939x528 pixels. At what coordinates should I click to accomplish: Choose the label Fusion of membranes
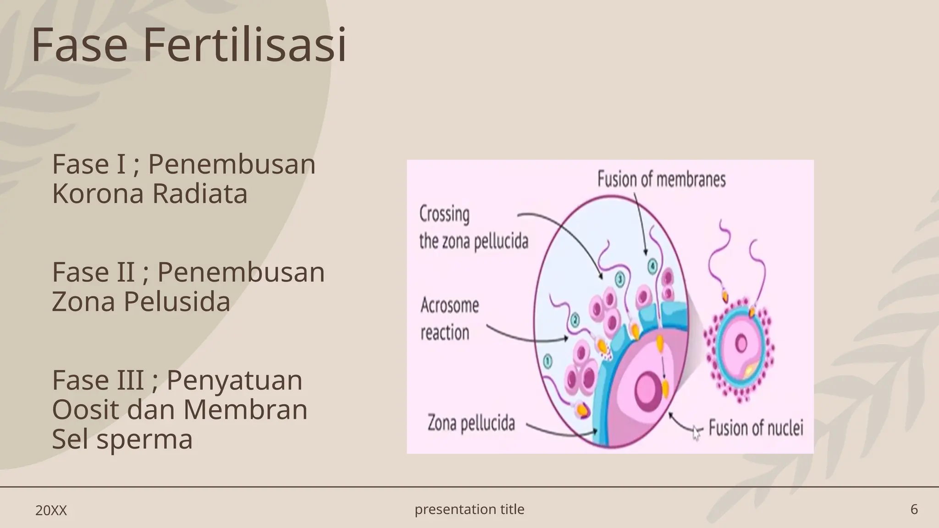(661, 180)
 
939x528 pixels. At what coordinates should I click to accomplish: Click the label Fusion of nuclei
(756, 428)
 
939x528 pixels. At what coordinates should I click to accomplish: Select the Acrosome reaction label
(449, 319)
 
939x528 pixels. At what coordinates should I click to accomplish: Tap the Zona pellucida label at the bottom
(471, 423)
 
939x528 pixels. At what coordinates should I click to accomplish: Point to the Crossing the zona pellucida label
(473, 228)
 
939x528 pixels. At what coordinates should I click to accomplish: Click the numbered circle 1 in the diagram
(547, 362)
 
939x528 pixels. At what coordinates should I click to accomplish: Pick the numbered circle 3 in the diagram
(619, 279)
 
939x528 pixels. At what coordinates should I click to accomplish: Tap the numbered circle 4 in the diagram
(652, 266)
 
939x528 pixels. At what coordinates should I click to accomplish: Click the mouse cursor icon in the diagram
(696, 432)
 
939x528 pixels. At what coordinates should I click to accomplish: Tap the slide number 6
(914, 509)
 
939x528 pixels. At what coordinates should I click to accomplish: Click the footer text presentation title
(469, 509)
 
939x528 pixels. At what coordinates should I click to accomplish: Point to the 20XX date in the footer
(51, 511)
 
